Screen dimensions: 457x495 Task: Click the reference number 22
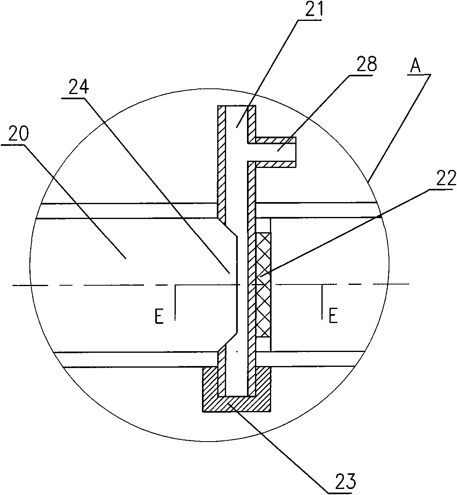pyautogui.click(x=446, y=178)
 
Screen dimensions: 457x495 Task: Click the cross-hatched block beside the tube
pyautogui.click(x=263, y=284)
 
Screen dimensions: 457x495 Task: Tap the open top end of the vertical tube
pyautogui.click(x=237, y=106)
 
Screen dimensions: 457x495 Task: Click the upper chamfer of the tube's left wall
pyautogui.click(x=227, y=227)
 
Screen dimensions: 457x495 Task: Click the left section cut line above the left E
pyautogui.click(x=175, y=302)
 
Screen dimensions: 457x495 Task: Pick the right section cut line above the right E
pyautogui.click(x=322, y=302)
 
